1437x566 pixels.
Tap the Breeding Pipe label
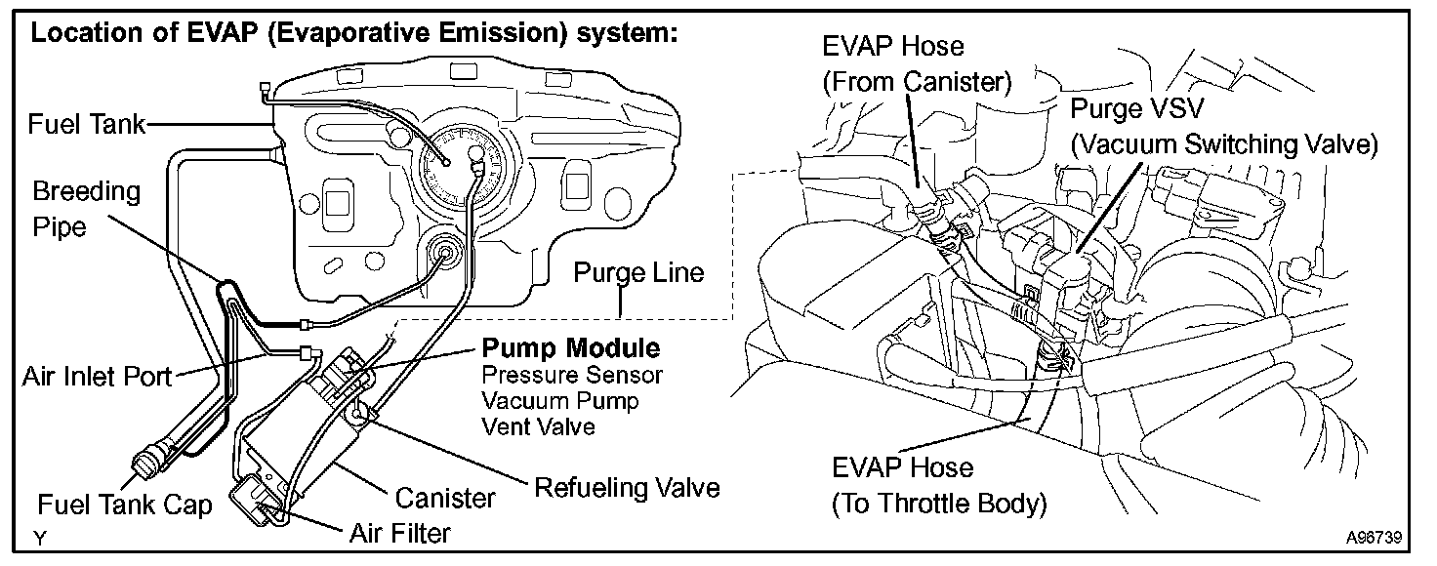pyautogui.click(x=86, y=208)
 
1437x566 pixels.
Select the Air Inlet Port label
pyautogui.click(x=97, y=378)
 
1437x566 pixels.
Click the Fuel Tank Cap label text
pyautogui.click(x=125, y=506)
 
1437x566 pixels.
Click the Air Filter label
pyautogui.click(x=400, y=533)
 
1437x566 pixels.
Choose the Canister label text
pyautogui.click(x=445, y=499)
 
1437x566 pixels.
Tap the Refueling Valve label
pyautogui.click(x=627, y=487)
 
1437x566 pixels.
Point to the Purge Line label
pyautogui.click(x=638, y=272)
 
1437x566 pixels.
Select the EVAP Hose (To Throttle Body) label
pyautogui.click(x=938, y=485)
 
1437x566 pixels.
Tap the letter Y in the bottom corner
pyautogui.click(x=39, y=538)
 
